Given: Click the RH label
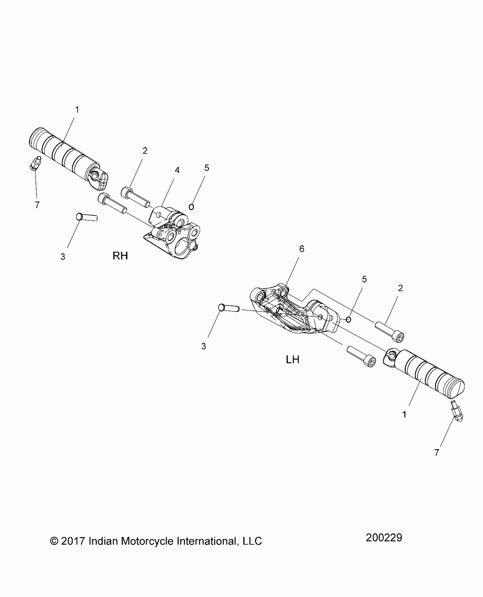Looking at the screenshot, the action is click(120, 256).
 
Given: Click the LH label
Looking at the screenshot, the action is click(292, 360).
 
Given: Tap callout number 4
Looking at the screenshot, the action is click(177, 170).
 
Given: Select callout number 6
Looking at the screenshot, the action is click(302, 249).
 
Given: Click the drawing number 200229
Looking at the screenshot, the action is click(384, 538).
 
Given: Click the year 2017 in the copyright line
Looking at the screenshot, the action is click(73, 541).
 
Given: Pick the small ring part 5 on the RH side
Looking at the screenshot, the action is click(191, 207).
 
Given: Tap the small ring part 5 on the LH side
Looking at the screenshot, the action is click(349, 320).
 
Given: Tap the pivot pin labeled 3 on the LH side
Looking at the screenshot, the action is click(229, 308).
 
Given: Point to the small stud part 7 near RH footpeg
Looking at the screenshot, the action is click(35, 163).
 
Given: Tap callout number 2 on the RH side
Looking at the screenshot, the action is click(145, 151).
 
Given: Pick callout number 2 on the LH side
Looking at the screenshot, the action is click(400, 288).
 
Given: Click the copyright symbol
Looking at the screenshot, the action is click(53, 541).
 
